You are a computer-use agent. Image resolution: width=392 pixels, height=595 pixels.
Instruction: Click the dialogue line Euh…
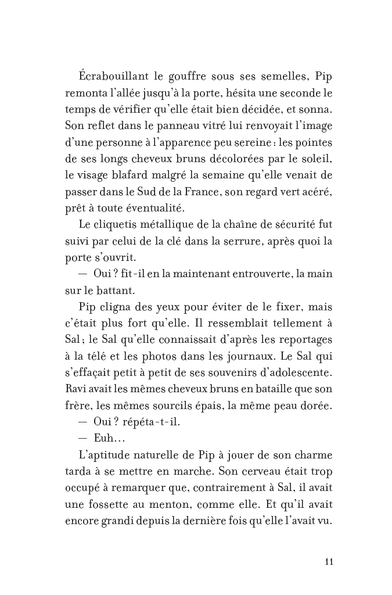click(x=105, y=436)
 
